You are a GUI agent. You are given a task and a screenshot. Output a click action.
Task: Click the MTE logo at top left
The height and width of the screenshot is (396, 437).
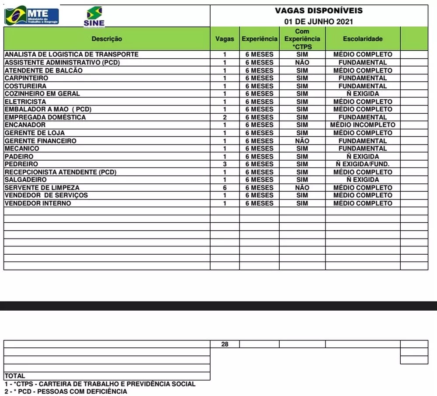31,15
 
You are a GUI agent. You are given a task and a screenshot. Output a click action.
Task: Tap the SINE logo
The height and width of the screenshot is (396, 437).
94,17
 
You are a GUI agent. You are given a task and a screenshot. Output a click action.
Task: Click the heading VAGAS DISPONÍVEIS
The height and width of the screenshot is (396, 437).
319,11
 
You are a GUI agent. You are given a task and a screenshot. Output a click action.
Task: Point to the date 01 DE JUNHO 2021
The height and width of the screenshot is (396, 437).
319,21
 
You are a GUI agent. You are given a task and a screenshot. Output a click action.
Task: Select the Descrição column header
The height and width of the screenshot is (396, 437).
107,39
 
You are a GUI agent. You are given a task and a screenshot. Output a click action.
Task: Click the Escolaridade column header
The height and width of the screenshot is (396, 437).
362,39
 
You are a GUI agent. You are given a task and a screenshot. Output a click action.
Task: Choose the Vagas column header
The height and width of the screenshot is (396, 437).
225,39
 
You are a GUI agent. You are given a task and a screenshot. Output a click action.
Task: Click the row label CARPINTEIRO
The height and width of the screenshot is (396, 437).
26,78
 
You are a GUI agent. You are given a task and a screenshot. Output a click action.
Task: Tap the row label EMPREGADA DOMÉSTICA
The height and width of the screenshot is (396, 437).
45,117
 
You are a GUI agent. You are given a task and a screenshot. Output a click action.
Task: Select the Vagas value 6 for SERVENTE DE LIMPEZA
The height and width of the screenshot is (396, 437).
225,187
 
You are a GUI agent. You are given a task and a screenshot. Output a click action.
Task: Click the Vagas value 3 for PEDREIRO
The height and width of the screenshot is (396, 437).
225,164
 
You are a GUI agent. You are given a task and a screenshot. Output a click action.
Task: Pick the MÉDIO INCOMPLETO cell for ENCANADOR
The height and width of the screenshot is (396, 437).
362,125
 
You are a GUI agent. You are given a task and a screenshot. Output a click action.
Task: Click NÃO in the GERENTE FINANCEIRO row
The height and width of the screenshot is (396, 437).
302,141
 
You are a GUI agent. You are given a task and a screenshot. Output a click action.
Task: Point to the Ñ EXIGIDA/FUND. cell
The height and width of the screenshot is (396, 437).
362,164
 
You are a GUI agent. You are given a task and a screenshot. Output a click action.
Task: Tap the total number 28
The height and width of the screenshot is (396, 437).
225,344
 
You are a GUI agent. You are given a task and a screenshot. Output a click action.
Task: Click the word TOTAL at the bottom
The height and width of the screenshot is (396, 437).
15,376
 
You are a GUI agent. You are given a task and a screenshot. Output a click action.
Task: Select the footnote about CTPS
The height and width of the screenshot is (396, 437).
100,384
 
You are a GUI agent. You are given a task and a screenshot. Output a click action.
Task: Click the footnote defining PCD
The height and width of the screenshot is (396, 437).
66,391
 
